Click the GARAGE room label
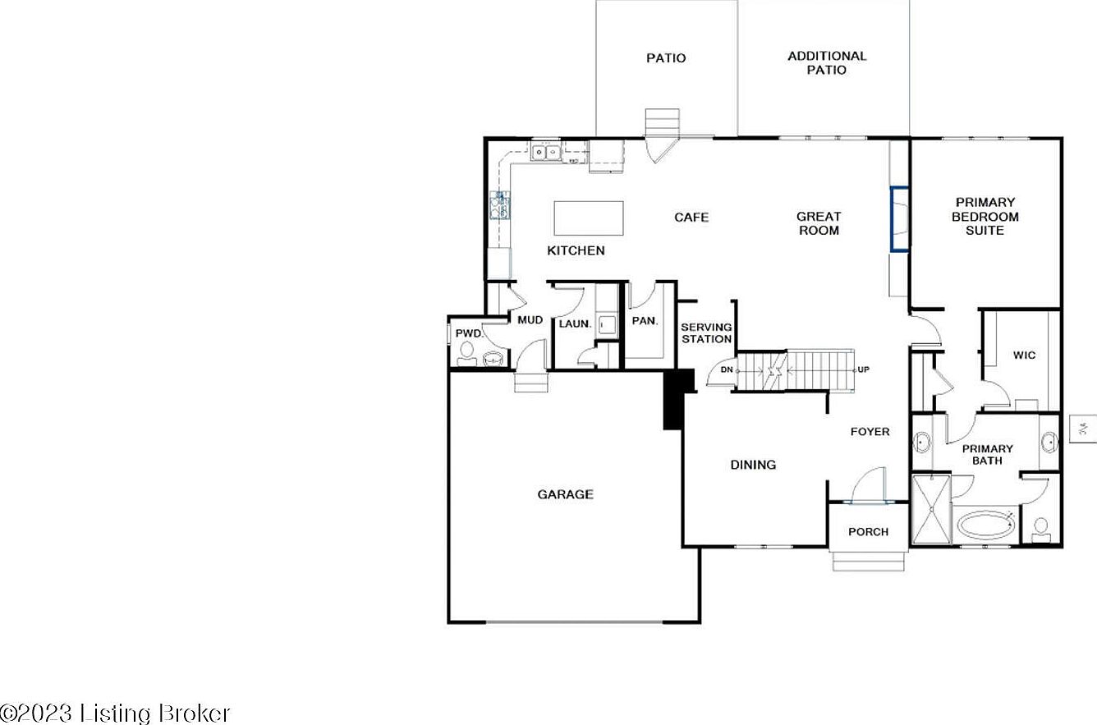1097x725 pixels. (x=565, y=494)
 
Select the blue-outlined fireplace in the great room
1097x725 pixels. (x=899, y=218)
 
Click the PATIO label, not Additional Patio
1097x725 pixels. (x=666, y=58)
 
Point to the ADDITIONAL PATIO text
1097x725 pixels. (x=826, y=63)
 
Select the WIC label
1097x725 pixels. (x=1024, y=356)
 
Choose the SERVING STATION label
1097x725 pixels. (x=706, y=333)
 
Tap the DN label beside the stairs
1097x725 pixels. (x=726, y=370)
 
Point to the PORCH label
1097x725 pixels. (x=868, y=532)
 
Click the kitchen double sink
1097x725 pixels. (x=544, y=152)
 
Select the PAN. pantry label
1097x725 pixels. (x=645, y=321)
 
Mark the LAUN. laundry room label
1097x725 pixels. (x=575, y=323)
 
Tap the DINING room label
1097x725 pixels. (x=753, y=465)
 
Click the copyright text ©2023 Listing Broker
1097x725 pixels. (x=115, y=713)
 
